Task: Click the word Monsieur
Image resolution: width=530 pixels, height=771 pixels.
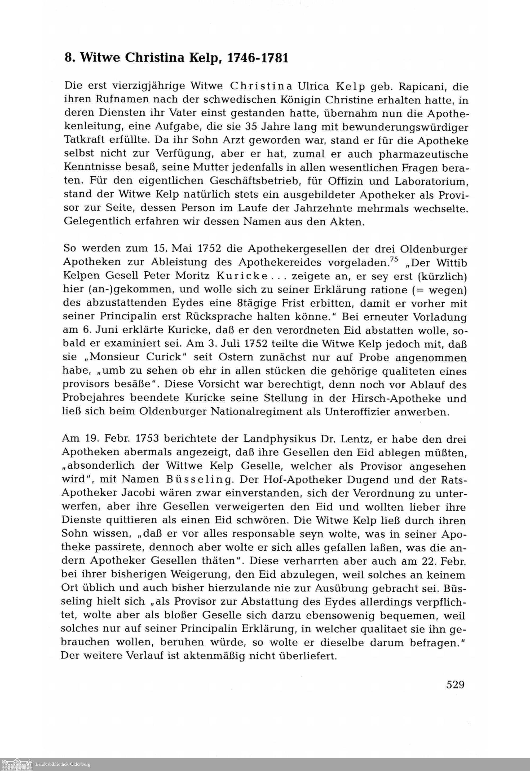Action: click(x=115, y=357)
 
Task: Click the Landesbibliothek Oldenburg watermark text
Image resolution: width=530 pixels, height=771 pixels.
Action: click(x=63, y=764)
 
